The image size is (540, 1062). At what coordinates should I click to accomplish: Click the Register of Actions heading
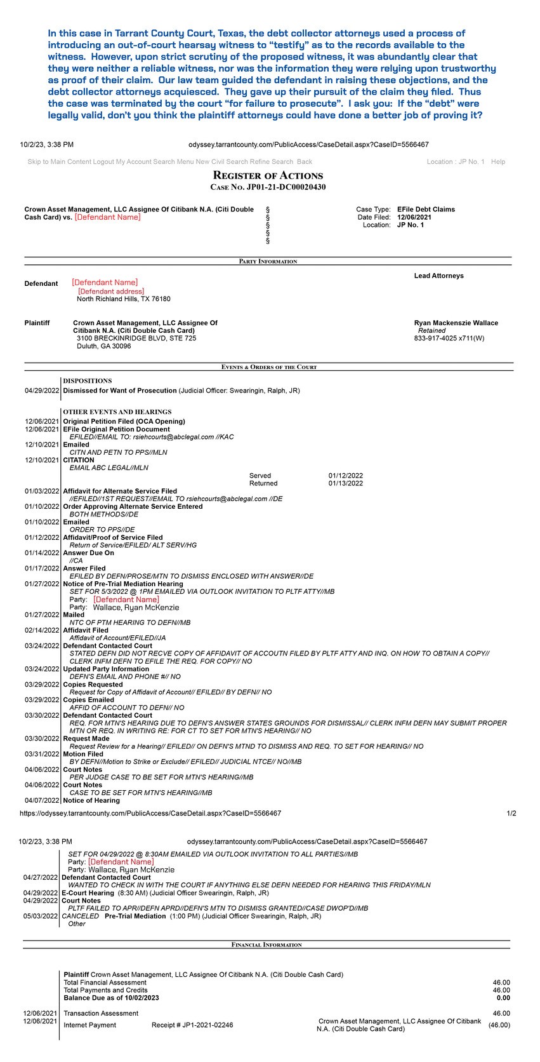[268, 176]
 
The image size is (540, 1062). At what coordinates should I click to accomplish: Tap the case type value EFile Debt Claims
[426, 210]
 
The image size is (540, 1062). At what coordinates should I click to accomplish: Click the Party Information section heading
[268, 262]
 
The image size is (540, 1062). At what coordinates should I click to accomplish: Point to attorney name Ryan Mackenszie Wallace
[456, 323]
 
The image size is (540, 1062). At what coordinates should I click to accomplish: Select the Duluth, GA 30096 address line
[104, 346]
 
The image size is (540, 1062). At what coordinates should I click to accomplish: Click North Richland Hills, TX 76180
[123, 299]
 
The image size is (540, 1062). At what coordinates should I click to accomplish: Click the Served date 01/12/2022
[346, 476]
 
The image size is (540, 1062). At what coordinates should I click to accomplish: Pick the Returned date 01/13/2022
[346, 483]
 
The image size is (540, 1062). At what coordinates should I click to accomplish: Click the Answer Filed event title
[84, 568]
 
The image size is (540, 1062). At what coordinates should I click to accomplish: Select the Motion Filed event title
[83, 754]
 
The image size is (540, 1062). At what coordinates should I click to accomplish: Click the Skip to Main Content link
[59, 162]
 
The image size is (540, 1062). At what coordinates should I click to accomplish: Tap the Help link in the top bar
[498, 162]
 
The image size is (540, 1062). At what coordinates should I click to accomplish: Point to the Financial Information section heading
[267, 945]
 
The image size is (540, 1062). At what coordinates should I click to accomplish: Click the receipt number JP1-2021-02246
[192, 1025]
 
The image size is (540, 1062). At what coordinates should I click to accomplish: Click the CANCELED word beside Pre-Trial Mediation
[81, 917]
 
